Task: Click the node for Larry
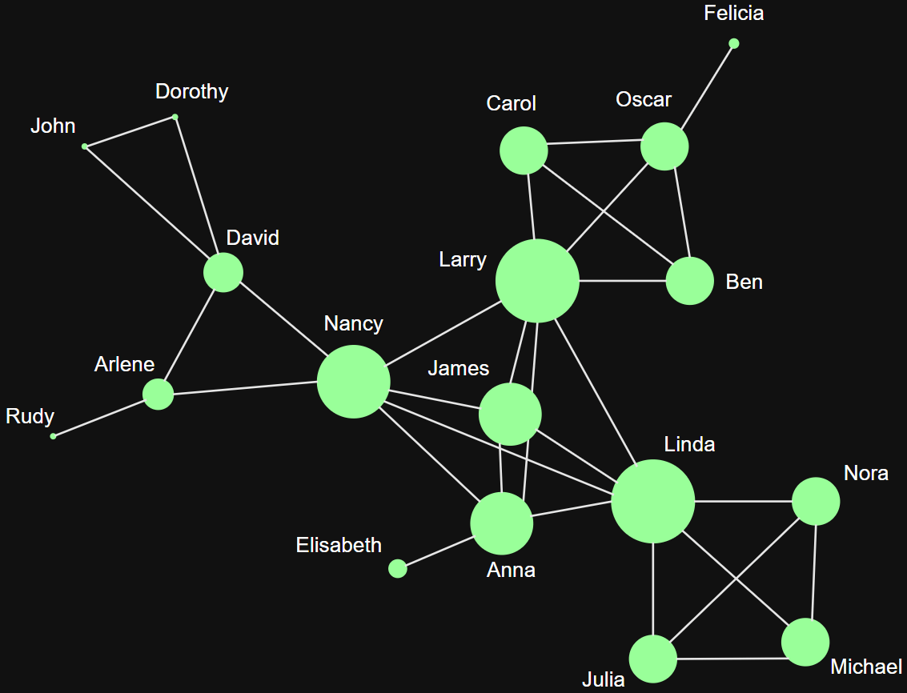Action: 537,281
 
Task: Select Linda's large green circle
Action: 652,502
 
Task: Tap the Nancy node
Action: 353,382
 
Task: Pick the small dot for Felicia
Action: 734,43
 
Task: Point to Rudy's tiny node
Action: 54,436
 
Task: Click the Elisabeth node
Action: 397,568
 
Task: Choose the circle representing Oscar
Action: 664,146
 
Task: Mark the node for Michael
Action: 805,642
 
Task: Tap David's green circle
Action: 223,272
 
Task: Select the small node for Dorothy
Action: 175,118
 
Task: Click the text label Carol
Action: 511,103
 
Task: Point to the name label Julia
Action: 603,680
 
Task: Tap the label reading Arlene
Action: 124,365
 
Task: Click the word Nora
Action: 865,473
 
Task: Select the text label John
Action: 53,126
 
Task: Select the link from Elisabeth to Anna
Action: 436,552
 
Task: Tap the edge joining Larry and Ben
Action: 622,281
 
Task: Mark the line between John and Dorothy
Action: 130,132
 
